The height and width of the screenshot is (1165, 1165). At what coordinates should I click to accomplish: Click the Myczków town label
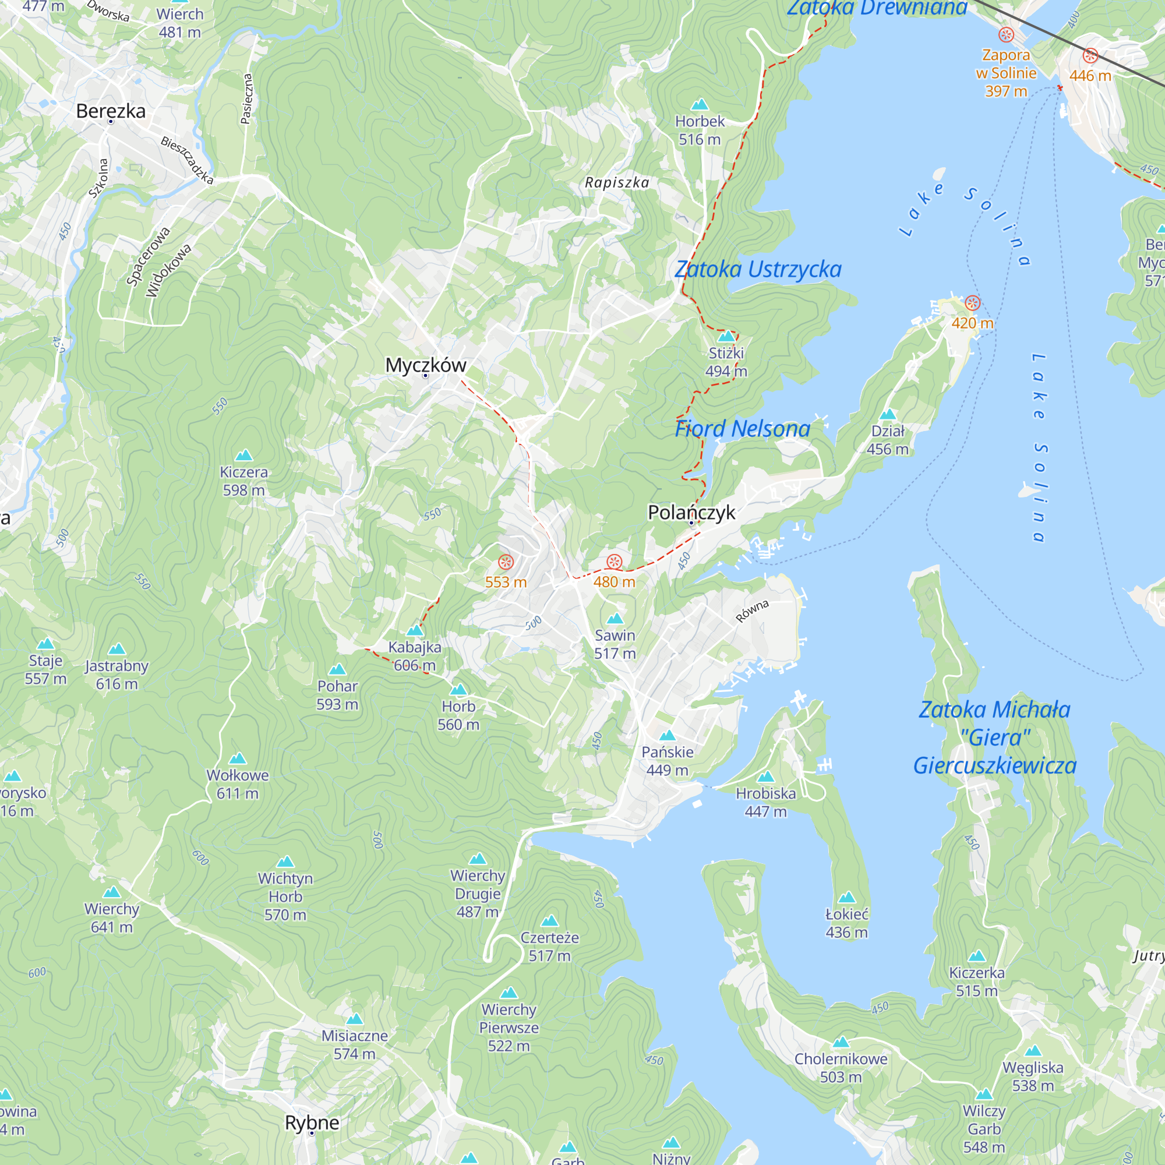[x=426, y=365]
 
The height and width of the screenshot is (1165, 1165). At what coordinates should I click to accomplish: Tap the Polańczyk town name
[x=691, y=512]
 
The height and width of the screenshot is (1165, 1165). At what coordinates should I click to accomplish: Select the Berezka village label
[x=111, y=111]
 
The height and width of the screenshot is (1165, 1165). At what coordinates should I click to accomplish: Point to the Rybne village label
[x=312, y=1122]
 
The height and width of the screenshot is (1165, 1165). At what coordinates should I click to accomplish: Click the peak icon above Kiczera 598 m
[x=243, y=456]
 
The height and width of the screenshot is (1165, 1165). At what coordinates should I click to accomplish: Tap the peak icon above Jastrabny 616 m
[x=117, y=649]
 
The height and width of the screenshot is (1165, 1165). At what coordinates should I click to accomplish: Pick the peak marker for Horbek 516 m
[x=700, y=104]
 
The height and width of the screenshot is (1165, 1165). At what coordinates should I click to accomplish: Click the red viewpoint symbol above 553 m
[x=506, y=562]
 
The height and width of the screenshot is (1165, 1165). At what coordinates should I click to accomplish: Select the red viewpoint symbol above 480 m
[x=614, y=562]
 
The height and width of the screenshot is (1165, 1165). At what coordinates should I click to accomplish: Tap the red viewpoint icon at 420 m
[x=972, y=303]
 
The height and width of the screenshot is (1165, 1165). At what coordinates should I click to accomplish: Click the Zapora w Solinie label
[x=1006, y=72]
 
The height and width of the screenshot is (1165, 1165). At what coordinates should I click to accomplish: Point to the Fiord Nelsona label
[x=742, y=429]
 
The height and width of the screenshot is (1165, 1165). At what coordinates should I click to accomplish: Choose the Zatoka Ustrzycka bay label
[x=758, y=269]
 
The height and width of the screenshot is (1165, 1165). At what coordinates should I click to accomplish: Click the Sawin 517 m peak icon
[x=615, y=619]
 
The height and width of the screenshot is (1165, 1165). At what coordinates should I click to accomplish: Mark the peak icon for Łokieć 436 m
[x=846, y=897]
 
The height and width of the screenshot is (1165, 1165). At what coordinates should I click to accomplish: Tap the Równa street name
[x=752, y=611]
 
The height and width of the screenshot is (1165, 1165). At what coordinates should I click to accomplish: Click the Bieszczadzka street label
[x=187, y=160]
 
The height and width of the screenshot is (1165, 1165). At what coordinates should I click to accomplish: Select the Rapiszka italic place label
[x=617, y=182]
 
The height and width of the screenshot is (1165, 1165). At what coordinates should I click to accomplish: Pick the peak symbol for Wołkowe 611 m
[x=238, y=758]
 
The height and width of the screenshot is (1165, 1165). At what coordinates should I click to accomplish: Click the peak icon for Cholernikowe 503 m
[x=841, y=1042]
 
